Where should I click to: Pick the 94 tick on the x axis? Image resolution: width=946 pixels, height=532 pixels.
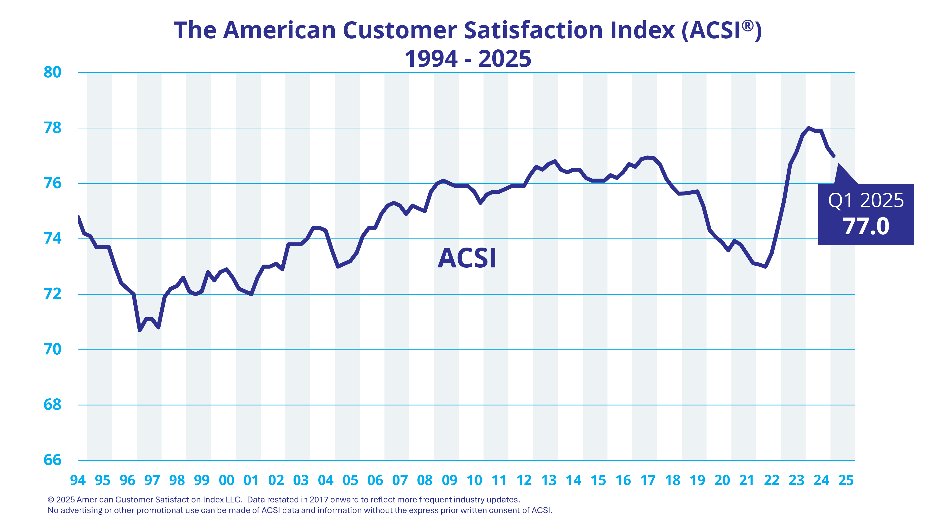pos(78,480)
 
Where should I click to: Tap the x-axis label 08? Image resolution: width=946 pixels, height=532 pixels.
pos(425,480)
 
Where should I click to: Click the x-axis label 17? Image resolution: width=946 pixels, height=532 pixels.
pos(648,480)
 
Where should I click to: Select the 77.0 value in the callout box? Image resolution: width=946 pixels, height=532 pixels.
pos(866,227)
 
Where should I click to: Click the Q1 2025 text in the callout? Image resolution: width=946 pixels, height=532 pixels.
pos(866,201)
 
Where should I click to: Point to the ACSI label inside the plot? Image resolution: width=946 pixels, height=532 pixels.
pos(467,258)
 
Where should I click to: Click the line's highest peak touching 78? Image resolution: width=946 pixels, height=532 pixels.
pos(809,128)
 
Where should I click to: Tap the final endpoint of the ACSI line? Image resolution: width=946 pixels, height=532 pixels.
pos(834,156)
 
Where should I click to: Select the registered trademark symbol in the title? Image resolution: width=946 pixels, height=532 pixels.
pos(748,26)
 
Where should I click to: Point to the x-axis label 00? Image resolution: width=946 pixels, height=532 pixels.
pos(227,480)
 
